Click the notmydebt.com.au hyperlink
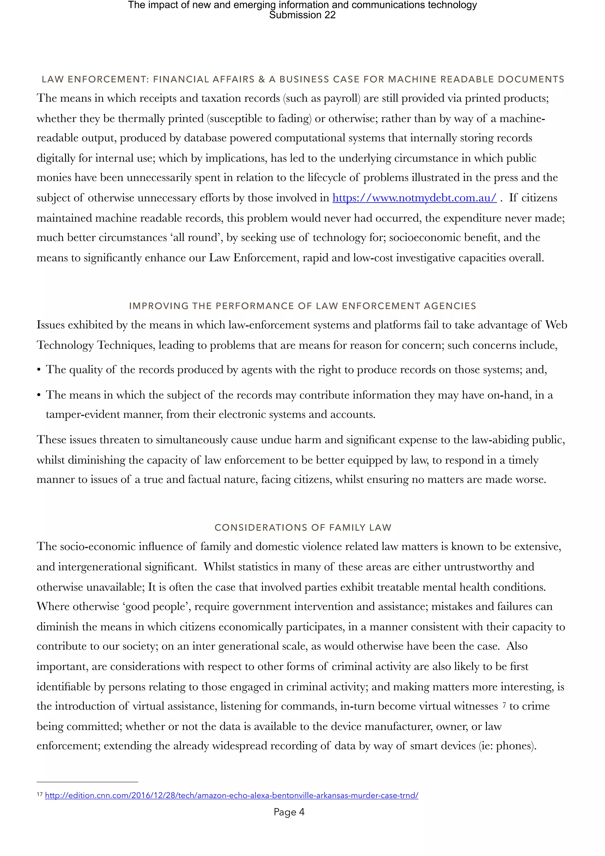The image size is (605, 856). click(414, 198)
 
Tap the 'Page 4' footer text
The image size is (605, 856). click(289, 812)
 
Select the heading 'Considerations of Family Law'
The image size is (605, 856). click(303, 528)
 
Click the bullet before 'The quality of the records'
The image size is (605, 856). click(39, 370)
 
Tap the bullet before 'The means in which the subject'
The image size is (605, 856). click(39, 396)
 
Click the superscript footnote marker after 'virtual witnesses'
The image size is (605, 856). click(504, 705)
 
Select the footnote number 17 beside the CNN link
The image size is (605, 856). click(40, 795)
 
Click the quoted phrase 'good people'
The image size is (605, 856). click(156, 607)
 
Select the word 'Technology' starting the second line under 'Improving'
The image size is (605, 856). click(65, 345)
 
